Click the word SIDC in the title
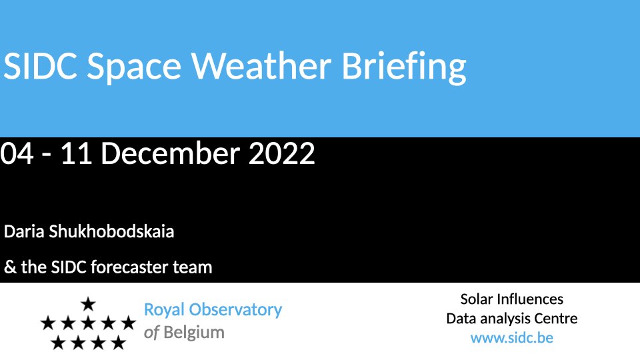coord(41,66)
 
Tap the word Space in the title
coord(134,68)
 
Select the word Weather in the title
coord(261,65)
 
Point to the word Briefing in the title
coord(404,67)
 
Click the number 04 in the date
coord(17,153)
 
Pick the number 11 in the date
coord(76,153)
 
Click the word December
coord(170,153)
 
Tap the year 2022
coord(281,153)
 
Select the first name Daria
coord(24,231)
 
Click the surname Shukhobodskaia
coord(111,231)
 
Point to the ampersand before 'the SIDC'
coord(10,267)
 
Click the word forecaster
coord(129,267)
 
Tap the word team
coord(192,268)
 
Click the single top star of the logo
coord(88,304)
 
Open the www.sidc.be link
coord(512,338)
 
